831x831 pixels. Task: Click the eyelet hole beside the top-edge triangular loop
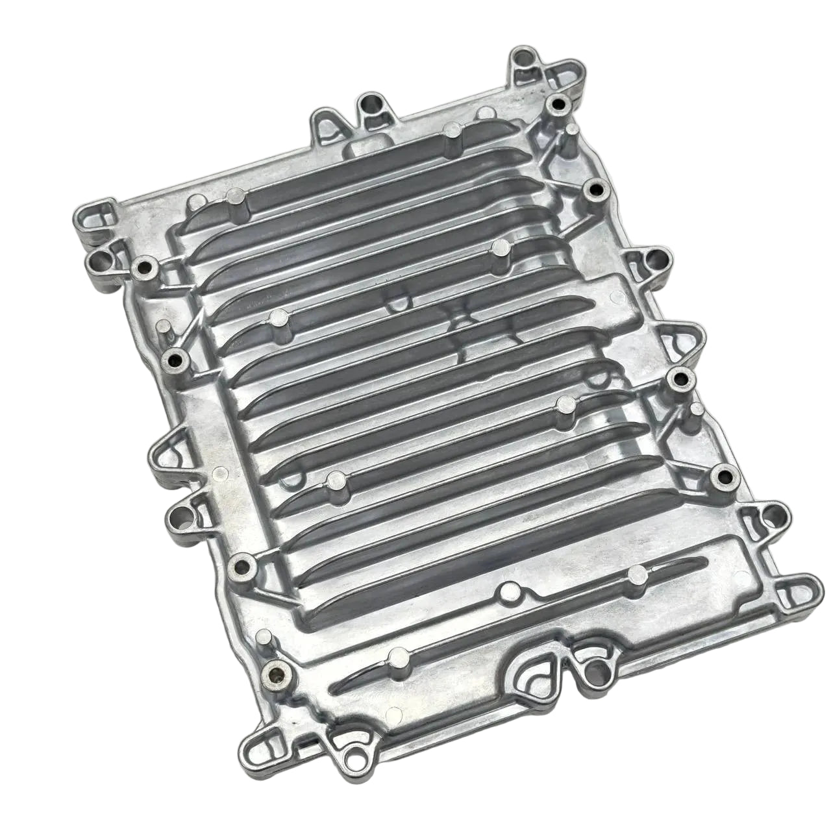coord(371,103)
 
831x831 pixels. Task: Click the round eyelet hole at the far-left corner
coord(100,262)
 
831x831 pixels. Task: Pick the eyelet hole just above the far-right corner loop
coord(771,517)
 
